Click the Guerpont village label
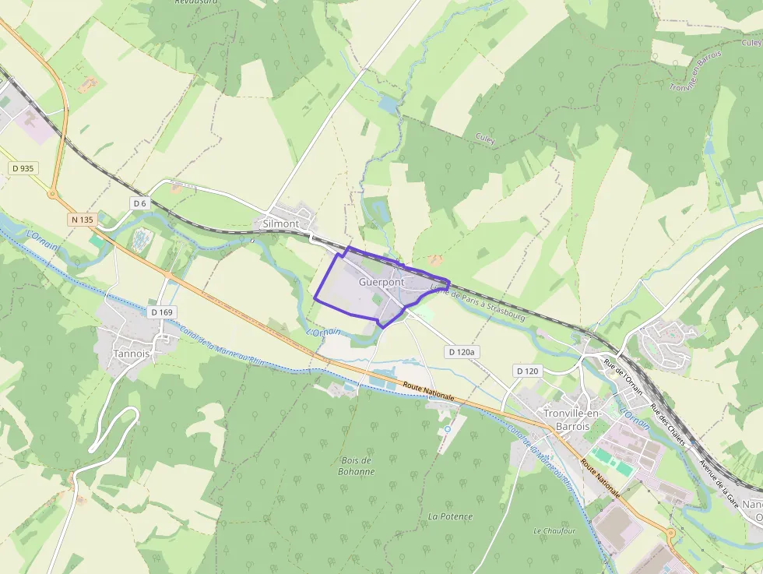382,283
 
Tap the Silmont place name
280,224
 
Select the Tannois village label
132,353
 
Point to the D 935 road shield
23,168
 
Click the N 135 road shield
82,220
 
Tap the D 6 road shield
139,203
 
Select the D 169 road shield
162,312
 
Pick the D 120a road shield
462,353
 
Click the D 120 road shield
527,371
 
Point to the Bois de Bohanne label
357,466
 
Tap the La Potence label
450,516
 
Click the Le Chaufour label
554,530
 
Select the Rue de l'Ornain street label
624,380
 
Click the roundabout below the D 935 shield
53,193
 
